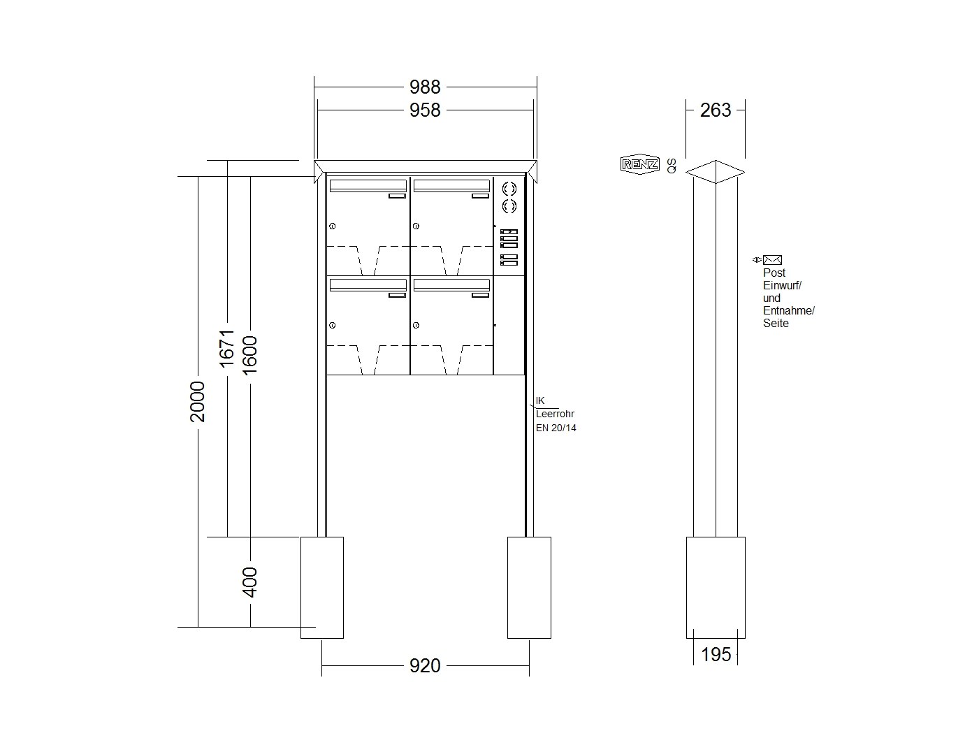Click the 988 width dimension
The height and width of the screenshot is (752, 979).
(424, 87)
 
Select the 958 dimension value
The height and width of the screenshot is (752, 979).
(424, 110)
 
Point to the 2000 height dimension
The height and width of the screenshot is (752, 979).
(197, 401)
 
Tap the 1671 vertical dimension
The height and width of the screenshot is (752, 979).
(227, 349)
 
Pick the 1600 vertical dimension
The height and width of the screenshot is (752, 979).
(249, 356)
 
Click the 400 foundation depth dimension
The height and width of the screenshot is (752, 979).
(249, 582)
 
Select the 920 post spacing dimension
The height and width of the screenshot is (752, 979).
(424, 665)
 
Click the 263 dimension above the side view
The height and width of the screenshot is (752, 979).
(716, 110)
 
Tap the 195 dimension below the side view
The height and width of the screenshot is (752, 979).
(716, 655)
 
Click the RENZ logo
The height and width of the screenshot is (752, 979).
(640, 165)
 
